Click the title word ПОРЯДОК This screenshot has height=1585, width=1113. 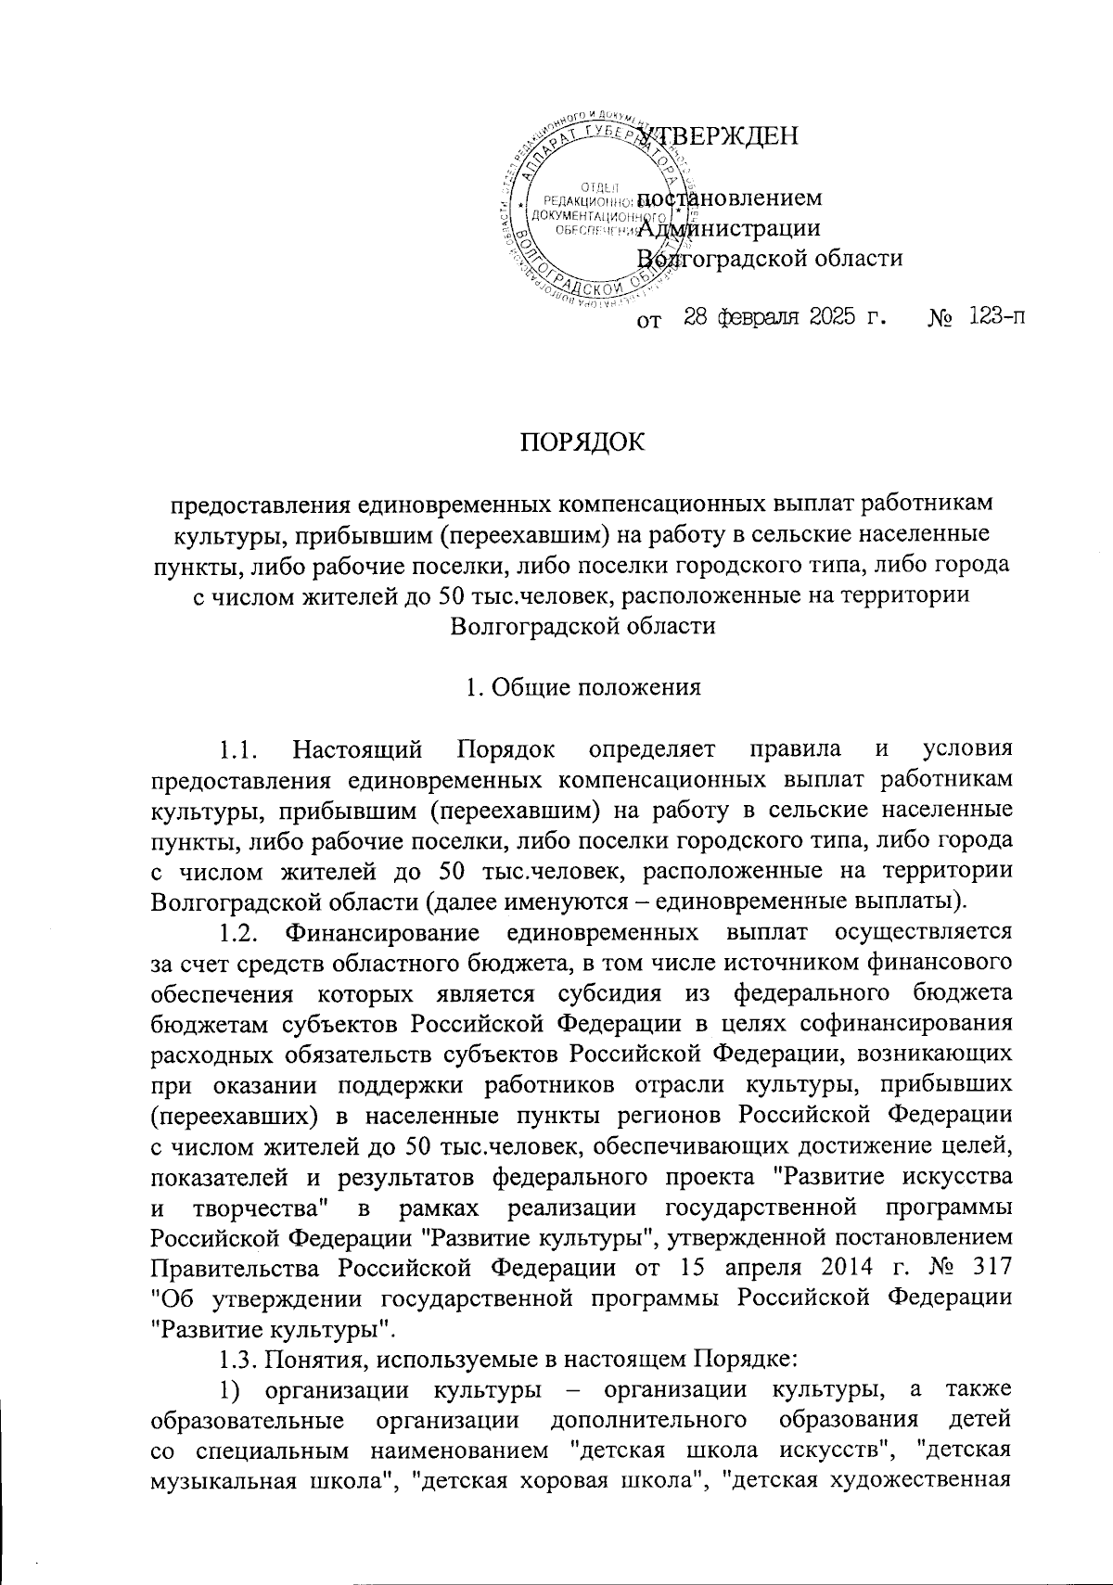[x=582, y=442]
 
